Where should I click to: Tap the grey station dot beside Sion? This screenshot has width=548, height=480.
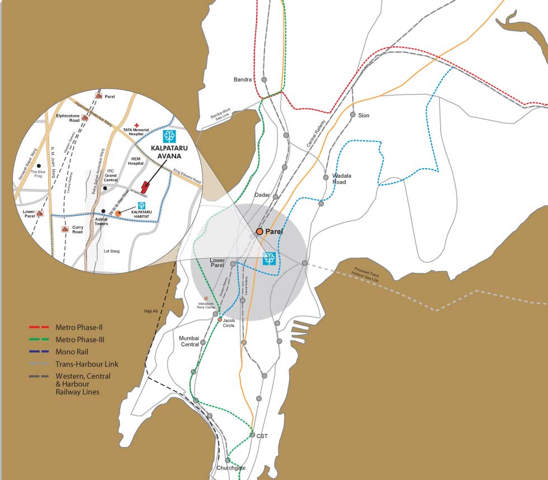[352, 115]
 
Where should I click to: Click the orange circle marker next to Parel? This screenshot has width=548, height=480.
[259, 231]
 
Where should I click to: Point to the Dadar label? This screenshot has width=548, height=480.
[262, 195]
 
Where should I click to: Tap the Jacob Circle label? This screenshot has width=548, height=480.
[229, 322]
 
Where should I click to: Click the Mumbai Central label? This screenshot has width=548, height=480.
[189, 341]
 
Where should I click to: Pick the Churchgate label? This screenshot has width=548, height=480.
[231, 468]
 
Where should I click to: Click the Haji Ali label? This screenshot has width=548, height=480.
[152, 311]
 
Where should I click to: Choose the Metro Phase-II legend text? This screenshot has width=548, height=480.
[79, 327]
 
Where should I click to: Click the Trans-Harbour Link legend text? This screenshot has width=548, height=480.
[87, 364]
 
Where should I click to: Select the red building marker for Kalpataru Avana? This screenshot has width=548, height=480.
[145, 187]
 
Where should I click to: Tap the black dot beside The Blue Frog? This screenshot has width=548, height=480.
[38, 166]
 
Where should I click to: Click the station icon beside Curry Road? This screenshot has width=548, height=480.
[65, 229]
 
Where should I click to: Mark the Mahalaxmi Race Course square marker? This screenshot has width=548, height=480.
[206, 299]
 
